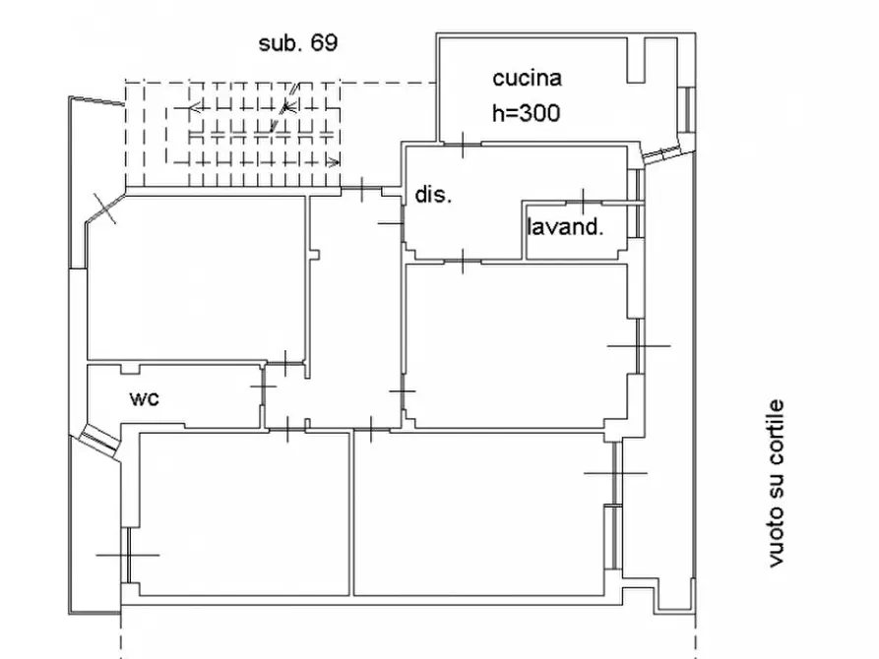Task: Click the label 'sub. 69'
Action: point(297,43)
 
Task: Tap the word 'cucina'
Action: point(527,79)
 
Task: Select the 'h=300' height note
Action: point(526,113)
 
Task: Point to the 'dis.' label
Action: point(433,195)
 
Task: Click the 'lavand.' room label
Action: point(565,227)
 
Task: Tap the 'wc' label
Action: point(144,398)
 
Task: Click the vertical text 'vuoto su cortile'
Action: point(776,483)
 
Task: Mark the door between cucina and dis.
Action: point(463,145)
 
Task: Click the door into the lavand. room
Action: point(584,202)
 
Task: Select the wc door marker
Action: point(263,387)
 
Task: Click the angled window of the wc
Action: point(98,437)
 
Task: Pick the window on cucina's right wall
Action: point(684,110)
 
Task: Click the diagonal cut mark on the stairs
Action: point(284,107)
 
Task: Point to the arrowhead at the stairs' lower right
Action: point(334,162)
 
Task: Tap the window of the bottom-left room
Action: point(128,555)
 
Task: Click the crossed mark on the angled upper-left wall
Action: point(104,209)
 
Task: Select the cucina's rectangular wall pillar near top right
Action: point(636,61)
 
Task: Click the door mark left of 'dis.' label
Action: point(392,223)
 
